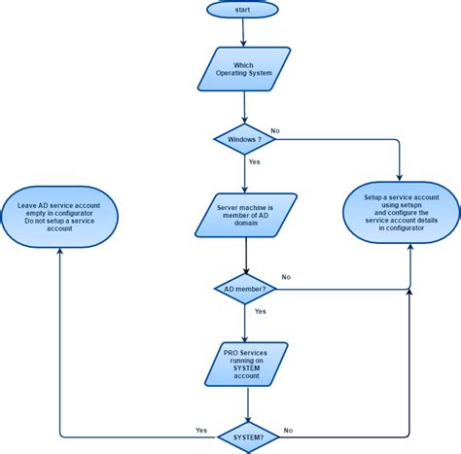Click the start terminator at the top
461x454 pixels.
click(x=242, y=9)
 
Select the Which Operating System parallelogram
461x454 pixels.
click(x=244, y=71)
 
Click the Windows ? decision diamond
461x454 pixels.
click(x=244, y=138)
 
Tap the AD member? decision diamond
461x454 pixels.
click(x=244, y=288)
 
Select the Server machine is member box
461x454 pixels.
click(x=244, y=216)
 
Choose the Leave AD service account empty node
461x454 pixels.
click(x=59, y=216)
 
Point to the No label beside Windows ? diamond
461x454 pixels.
click(x=274, y=130)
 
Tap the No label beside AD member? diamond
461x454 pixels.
click(x=286, y=277)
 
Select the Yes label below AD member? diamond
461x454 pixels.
click(x=260, y=311)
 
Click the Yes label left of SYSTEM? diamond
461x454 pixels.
click(x=201, y=430)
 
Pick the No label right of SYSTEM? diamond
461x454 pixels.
click(x=288, y=430)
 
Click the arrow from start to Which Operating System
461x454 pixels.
click(x=244, y=33)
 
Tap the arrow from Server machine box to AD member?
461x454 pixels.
click(x=244, y=256)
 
